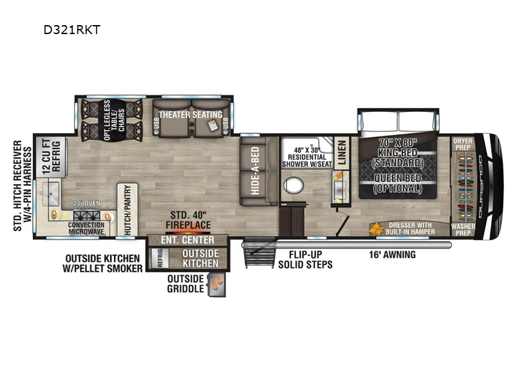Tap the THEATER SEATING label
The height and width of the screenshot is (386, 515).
click(x=192, y=114)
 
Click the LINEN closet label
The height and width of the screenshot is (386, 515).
click(x=342, y=154)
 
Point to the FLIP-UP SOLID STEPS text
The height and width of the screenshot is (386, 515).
click(x=305, y=259)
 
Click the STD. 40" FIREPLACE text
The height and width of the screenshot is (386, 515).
click(x=190, y=221)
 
